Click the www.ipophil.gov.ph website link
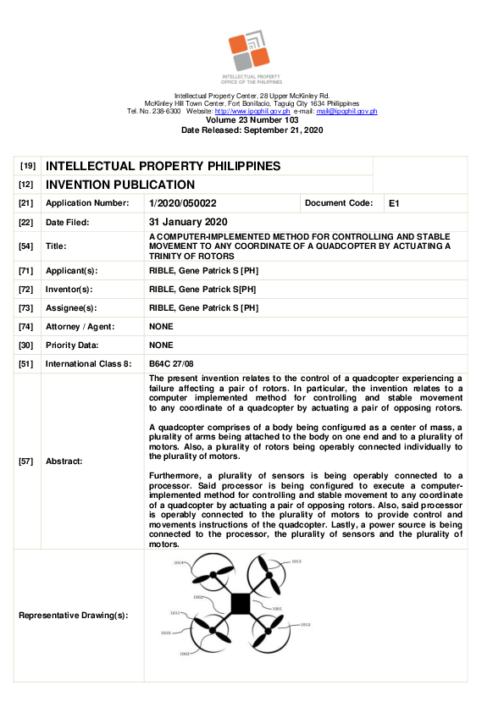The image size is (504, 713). [x=252, y=112]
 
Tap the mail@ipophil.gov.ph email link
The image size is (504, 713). [x=346, y=112]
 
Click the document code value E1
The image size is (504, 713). [x=394, y=204]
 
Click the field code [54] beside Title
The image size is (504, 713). [x=25, y=246]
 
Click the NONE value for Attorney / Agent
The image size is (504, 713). [x=161, y=327]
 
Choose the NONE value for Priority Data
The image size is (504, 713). [x=161, y=345]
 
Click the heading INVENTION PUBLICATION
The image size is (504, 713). [x=120, y=185]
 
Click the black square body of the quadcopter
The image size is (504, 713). [x=240, y=603]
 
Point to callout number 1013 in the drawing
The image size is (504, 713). [x=296, y=561]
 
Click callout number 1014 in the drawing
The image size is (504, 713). [x=179, y=563]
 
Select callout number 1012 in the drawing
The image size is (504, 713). [x=306, y=625]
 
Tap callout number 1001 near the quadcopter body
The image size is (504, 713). [x=277, y=609]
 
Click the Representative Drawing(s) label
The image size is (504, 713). [x=74, y=615]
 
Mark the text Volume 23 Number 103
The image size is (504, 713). [x=252, y=121]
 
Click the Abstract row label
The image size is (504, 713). [x=64, y=462]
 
